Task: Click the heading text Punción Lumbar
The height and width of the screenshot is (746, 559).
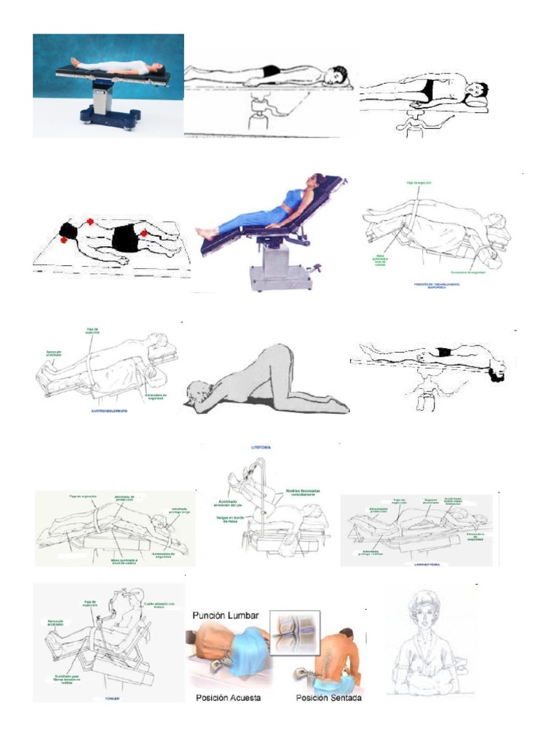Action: pyautogui.click(x=225, y=616)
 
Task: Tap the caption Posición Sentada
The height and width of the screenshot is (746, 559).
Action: pyautogui.click(x=328, y=698)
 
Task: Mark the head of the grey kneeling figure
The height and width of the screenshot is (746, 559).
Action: pyautogui.click(x=197, y=393)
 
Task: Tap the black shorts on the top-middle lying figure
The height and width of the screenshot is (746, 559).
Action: pyautogui.click(x=271, y=71)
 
